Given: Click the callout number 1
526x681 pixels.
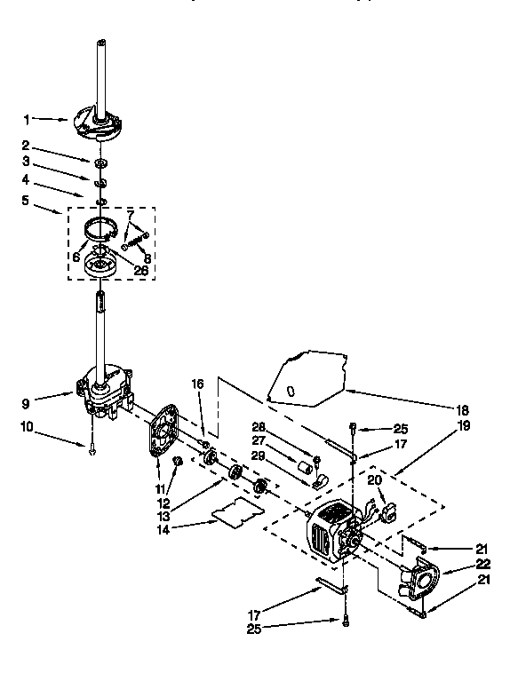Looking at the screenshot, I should (27, 118).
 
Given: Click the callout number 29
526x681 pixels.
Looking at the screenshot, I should (258, 455).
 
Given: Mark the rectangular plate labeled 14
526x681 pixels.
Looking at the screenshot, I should (235, 513).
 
